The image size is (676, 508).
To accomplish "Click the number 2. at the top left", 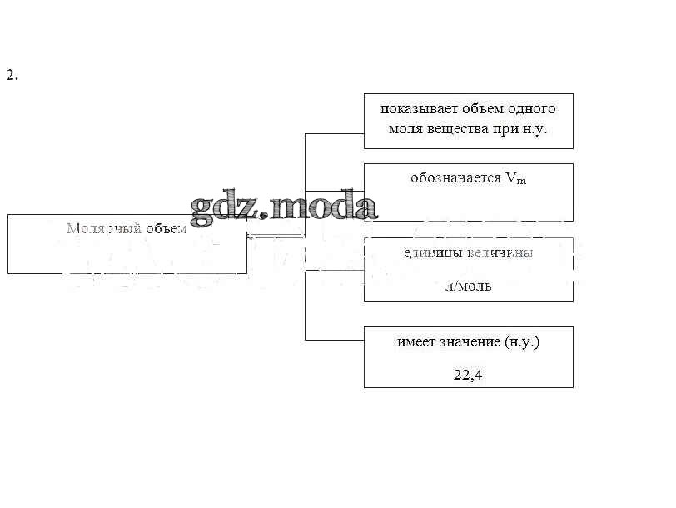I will (x=12, y=76).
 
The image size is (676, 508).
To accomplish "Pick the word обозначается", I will (x=455, y=178).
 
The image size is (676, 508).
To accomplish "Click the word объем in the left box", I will (x=163, y=229).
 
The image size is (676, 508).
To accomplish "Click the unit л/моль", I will (x=468, y=286).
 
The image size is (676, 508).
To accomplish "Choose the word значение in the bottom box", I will (x=470, y=342).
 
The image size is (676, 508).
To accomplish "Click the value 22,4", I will (x=468, y=375).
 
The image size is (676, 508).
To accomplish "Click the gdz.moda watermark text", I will (x=284, y=208).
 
